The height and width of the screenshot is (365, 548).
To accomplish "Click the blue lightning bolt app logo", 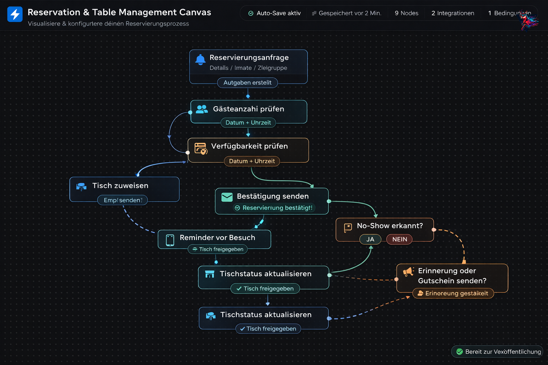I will (15, 14).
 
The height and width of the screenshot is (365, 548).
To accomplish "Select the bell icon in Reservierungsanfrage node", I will (201, 60).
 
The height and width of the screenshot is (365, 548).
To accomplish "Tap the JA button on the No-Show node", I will (370, 239).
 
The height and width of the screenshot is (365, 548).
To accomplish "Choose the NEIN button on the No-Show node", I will (399, 239).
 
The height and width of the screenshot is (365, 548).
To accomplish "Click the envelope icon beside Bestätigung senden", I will (227, 197).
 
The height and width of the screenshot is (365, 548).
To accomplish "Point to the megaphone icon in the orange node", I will (408, 272).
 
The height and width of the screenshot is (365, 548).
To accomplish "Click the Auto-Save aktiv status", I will (274, 13).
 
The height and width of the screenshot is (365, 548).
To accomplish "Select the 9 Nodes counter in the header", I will (406, 13).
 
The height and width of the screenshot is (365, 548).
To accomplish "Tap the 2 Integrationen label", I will (452, 13).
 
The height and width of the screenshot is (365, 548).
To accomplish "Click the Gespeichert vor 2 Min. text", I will (346, 13).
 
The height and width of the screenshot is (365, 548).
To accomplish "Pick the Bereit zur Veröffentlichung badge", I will (498, 352).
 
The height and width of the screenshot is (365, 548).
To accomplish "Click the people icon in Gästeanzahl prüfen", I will (202, 109).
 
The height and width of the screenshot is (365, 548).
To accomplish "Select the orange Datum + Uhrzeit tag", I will (252, 161).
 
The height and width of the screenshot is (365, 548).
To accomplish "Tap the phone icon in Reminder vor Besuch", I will (170, 240).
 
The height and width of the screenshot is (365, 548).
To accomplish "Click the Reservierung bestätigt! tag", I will (274, 208).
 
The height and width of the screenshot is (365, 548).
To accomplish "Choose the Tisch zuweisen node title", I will (120, 186).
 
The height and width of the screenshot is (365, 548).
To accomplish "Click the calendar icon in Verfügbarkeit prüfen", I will (201, 148).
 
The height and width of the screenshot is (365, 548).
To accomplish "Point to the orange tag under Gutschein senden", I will (453, 293).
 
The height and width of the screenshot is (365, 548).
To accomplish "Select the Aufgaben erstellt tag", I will (247, 83).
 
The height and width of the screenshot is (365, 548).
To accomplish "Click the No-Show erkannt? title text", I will (390, 226).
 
